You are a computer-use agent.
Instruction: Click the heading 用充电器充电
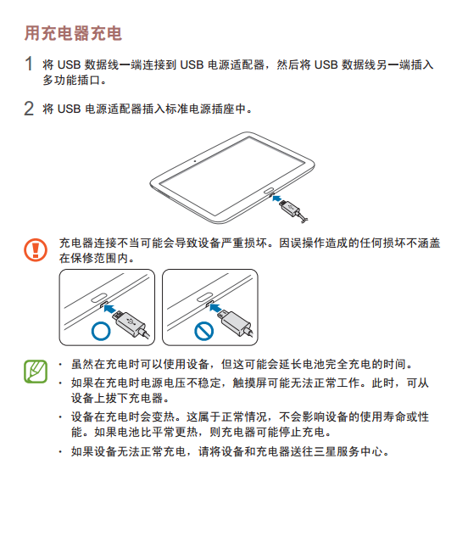73,34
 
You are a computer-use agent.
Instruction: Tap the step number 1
29,64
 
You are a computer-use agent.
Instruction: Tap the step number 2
29,109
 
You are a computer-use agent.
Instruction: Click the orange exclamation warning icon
36,250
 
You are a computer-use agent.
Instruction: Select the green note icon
36,372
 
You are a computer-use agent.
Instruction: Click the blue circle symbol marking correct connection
101,331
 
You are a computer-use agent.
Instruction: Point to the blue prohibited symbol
203,331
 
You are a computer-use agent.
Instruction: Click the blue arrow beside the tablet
277,198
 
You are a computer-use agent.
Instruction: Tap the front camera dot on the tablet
195,161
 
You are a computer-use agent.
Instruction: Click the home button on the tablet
269,190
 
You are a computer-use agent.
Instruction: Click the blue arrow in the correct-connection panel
110,307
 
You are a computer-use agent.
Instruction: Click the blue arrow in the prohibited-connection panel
214,307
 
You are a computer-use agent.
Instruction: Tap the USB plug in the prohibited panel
234,322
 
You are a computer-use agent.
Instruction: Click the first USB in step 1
70,64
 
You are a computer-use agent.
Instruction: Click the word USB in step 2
70,109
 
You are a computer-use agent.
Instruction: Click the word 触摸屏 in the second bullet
249,383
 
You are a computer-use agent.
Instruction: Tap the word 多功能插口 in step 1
71,81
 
